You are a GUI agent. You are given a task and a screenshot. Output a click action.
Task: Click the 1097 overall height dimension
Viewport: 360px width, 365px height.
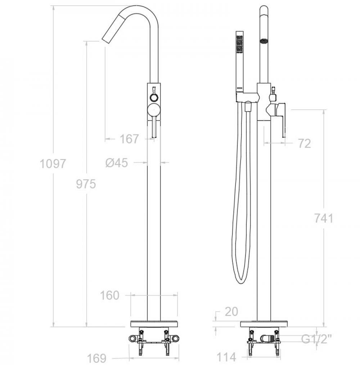click(53, 164)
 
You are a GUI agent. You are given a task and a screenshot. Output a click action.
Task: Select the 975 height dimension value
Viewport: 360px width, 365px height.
click(86, 184)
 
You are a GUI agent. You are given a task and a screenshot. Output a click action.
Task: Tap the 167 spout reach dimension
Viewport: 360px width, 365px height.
click(129, 139)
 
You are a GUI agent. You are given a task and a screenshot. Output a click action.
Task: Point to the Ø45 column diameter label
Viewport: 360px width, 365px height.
click(117, 163)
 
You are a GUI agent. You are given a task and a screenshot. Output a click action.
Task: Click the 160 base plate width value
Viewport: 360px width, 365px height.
click(109, 295)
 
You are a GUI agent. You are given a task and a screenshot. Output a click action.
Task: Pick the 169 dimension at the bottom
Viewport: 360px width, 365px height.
click(96, 358)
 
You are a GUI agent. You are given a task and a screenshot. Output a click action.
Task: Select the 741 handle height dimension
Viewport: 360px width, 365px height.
click(324, 218)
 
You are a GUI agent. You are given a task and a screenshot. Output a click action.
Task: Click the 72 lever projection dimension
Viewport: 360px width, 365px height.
click(305, 144)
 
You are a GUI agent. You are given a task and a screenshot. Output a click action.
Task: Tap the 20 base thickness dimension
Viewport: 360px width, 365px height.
click(231, 312)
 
